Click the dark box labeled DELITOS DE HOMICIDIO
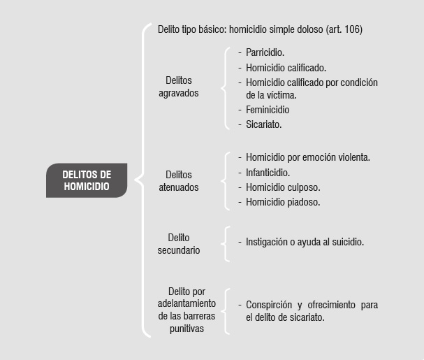(87, 180)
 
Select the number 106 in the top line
(351, 29)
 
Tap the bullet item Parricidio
(265, 52)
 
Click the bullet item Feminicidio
(268, 110)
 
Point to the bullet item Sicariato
(263, 124)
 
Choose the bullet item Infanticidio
(268, 173)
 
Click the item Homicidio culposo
(283, 187)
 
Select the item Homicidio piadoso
(283, 202)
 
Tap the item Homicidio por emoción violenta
(308, 157)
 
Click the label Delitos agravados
(178, 87)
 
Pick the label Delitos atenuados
(178, 181)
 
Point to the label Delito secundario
(178, 243)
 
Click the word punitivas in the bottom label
(187, 329)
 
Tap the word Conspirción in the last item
(269, 305)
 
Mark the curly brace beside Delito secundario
(226, 244)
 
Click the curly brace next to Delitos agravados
(226, 88)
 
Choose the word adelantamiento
(187, 303)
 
